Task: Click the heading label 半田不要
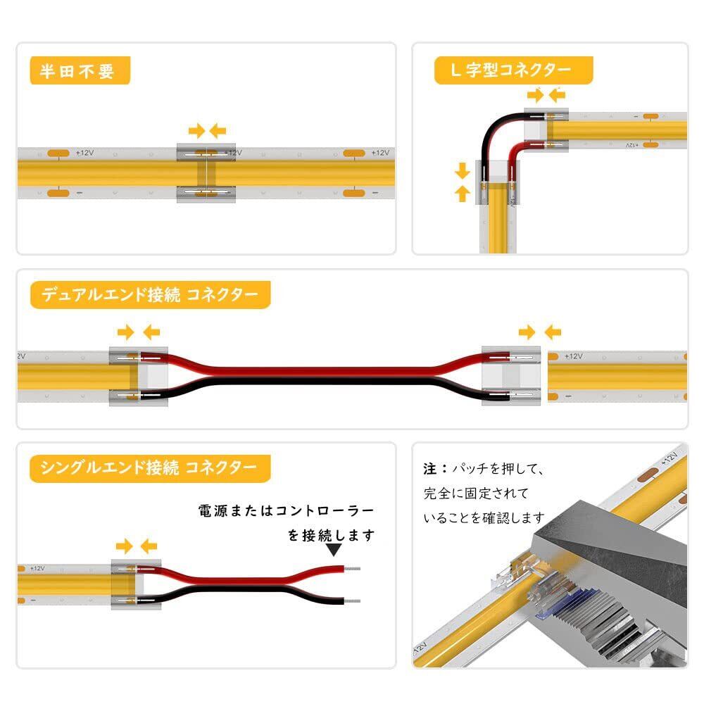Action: [x=80, y=70]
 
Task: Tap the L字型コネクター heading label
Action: [x=513, y=70]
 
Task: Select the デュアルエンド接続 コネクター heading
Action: [x=151, y=294]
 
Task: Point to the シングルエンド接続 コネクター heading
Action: [x=150, y=468]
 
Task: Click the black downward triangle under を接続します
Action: [x=334, y=550]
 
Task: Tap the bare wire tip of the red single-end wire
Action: [x=353, y=569]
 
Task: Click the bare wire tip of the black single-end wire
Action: [x=353, y=601]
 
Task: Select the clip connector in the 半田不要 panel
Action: [x=206, y=173]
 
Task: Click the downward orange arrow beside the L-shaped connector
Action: [x=463, y=171]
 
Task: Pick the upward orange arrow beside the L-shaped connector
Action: [x=463, y=194]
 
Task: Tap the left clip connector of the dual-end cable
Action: [x=139, y=377]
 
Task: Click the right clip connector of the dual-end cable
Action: [x=511, y=376]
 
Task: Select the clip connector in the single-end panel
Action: [x=136, y=584]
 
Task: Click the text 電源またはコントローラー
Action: [x=286, y=511]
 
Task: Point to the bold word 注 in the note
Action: [x=429, y=469]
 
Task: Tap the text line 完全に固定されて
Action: [x=476, y=494]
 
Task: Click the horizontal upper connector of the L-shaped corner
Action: [x=546, y=130]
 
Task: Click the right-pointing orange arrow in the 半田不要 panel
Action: [x=196, y=131]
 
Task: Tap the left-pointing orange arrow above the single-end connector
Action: [x=149, y=546]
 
